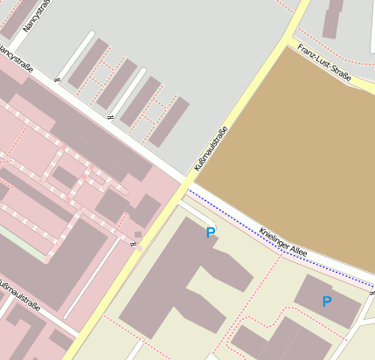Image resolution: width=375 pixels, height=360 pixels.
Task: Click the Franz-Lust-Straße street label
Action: tap(323, 63)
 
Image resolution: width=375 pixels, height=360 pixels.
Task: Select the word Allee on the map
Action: tap(300, 252)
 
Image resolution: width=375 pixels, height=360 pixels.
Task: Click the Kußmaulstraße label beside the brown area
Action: tap(211, 149)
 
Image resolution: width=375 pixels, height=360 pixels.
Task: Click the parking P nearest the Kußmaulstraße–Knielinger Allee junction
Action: tap(210, 232)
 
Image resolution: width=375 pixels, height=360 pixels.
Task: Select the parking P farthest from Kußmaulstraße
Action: tap(327, 301)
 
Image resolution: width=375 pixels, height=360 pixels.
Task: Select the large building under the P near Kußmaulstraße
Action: tap(188, 271)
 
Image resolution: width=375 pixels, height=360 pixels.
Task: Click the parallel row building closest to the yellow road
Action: tap(170, 121)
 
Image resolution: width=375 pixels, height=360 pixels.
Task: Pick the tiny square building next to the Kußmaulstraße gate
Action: tap(137, 234)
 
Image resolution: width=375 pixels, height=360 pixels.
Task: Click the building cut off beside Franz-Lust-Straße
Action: tap(333, 18)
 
